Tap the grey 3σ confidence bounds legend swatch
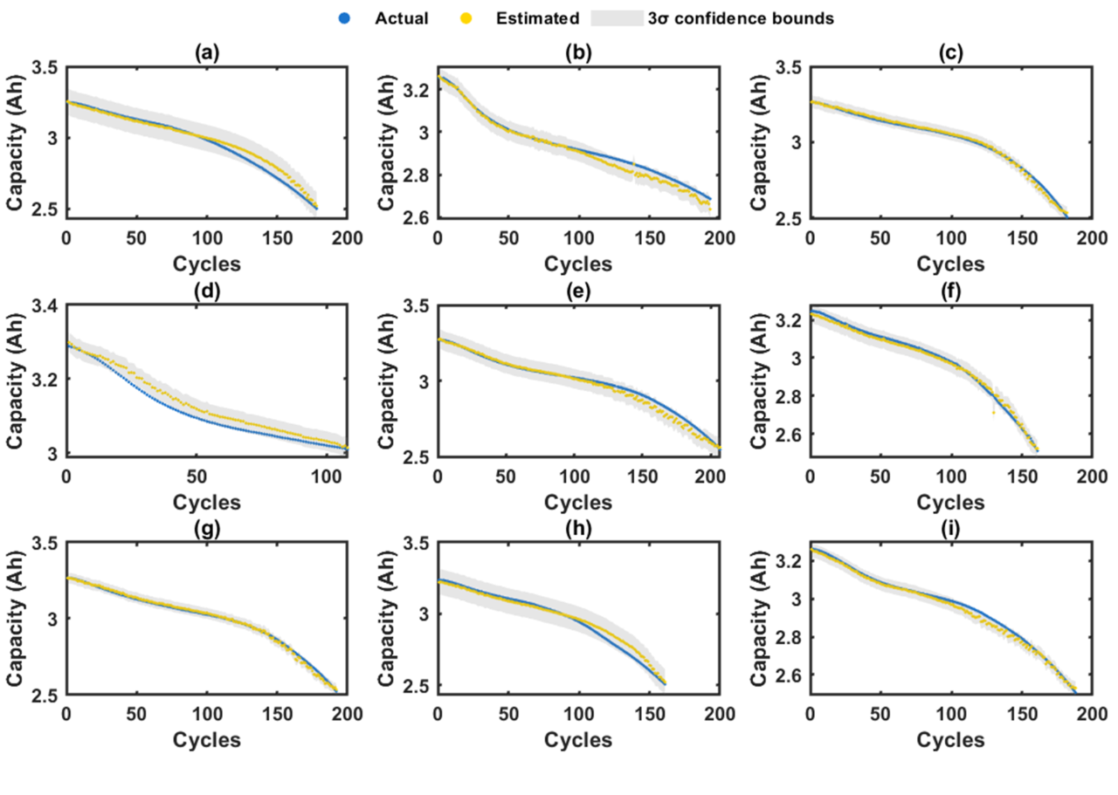point(618,17)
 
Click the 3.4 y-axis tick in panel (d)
point(46,306)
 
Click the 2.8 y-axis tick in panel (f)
point(790,395)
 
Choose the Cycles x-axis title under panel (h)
point(578,740)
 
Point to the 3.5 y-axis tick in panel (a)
point(46,68)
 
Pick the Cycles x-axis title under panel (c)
point(950,264)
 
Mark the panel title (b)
point(578,52)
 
